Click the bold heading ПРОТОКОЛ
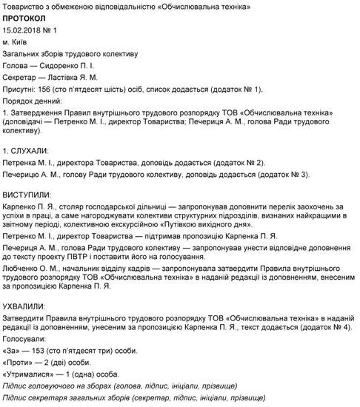coord(27,18)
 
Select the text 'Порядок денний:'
coord(32,100)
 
